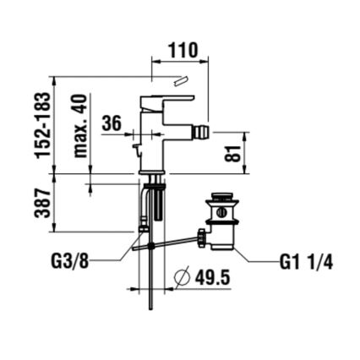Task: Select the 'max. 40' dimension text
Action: point(81,126)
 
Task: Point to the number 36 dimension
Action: point(111,123)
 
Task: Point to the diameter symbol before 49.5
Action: point(180,277)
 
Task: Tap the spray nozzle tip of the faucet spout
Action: point(204,134)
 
